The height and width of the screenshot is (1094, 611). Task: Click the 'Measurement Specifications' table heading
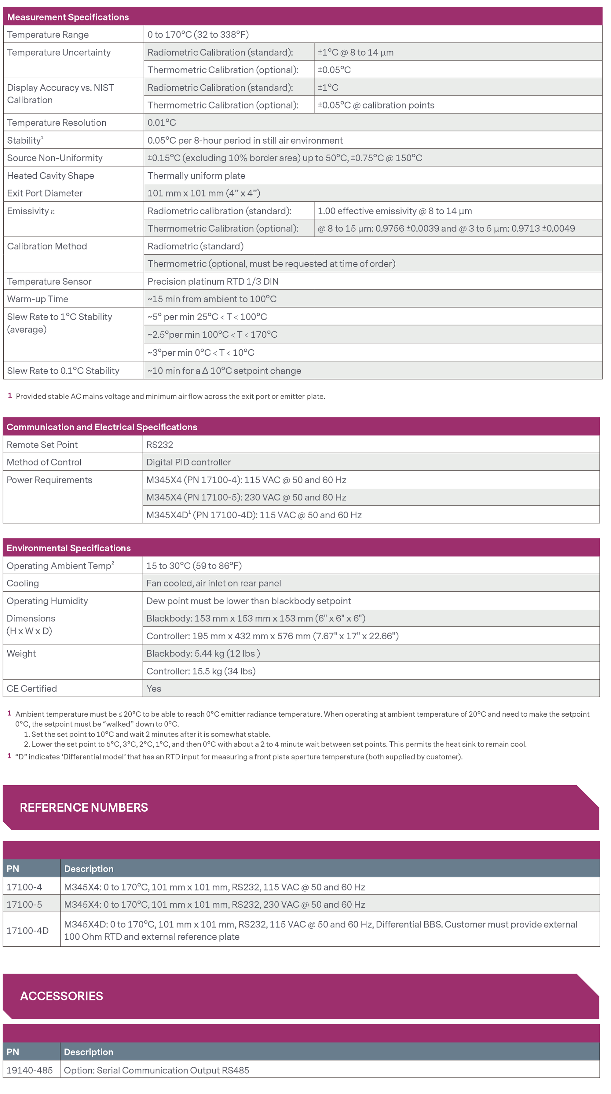[68, 17]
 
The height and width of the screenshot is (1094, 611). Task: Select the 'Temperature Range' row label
[48, 35]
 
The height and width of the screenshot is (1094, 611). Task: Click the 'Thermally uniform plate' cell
[196, 176]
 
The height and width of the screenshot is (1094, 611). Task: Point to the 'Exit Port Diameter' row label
[45, 193]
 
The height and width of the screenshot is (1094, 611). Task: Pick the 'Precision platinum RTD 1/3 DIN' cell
[213, 281]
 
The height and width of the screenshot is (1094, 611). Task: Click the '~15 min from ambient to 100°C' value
[212, 299]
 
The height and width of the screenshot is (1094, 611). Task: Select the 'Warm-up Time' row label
[37, 299]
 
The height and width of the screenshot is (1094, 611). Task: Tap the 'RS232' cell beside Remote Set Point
[160, 445]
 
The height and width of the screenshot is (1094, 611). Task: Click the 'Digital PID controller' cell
[188, 462]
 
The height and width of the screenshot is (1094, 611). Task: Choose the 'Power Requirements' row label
[49, 480]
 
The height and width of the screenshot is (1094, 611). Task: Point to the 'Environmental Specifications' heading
[68, 548]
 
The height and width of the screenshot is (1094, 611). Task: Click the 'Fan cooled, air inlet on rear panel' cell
[214, 584]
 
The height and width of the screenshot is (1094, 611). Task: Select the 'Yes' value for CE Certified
[154, 688]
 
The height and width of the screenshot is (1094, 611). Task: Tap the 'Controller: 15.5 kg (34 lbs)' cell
[201, 671]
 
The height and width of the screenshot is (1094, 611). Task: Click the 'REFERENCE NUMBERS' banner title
[84, 807]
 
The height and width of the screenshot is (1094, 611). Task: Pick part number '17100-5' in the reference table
[24, 905]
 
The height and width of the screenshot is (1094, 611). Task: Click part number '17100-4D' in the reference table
[27, 931]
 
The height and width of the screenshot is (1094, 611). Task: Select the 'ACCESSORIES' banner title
[62, 996]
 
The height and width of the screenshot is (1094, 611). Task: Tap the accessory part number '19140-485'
[30, 1070]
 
